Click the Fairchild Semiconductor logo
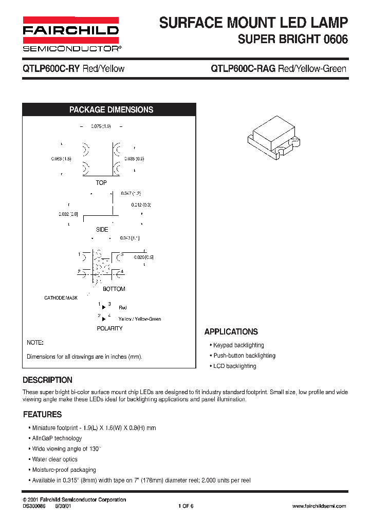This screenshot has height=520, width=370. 70,34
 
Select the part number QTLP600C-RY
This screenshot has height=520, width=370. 50,69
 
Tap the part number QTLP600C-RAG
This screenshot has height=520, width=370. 243,69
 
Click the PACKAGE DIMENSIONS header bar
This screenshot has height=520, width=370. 111,109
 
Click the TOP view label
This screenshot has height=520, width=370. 101,183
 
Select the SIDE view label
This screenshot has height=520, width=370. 102,230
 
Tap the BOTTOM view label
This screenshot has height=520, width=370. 114,289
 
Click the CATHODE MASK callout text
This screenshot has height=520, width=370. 61,298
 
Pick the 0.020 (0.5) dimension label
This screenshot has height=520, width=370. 144,257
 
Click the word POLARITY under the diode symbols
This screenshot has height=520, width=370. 109,328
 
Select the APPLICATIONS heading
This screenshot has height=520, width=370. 231,332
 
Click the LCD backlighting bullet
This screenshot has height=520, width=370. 234,366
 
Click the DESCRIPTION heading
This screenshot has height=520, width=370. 48,380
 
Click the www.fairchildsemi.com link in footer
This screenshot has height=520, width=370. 319,506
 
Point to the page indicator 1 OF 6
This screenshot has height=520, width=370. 186,506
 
